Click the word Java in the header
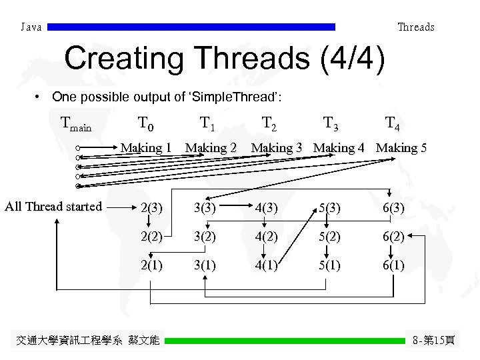(x=31, y=27)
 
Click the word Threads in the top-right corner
(x=415, y=27)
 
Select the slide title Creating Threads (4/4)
(x=225, y=59)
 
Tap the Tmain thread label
(x=75, y=124)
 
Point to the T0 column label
(x=145, y=123)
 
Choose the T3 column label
(x=330, y=123)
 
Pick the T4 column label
(x=393, y=123)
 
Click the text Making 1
(x=146, y=148)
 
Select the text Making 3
(x=277, y=148)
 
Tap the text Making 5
(x=401, y=148)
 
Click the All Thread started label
(x=53, y=207)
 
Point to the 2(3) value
(x=151, y=208)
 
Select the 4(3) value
(x=265, y=208)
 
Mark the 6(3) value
(x=393, y=208)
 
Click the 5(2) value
(x=331, y=237)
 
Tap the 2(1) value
(x=151, y=265)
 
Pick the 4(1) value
(x=265, y=265)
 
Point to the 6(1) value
(x=393, y=265)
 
